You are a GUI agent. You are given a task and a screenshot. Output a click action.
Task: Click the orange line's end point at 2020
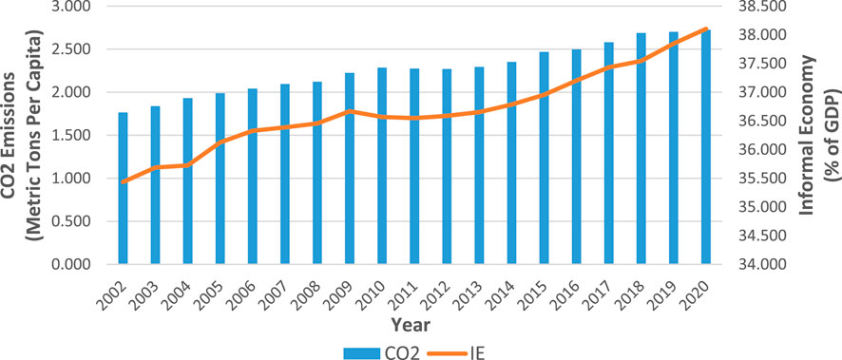[706, 28]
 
